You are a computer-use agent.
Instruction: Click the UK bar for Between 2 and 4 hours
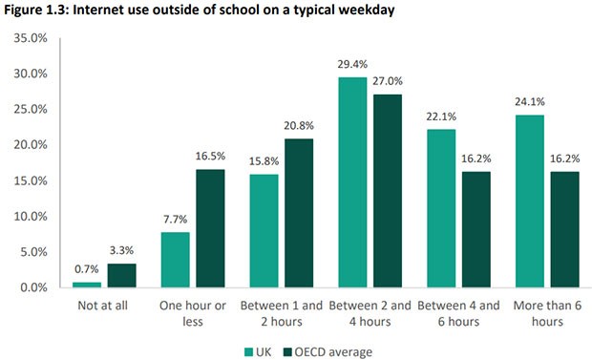[353, 181]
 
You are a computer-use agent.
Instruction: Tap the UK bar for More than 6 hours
[529, 201]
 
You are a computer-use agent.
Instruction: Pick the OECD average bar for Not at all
[120, 275]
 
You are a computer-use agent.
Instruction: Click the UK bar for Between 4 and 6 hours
[441, 208]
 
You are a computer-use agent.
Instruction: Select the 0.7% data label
[87, 270]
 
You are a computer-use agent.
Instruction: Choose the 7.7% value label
[175, 220]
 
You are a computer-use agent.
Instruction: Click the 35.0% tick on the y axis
[32, 38]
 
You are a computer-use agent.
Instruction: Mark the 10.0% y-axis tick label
[32, 216]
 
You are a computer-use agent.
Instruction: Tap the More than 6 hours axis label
[544, 313]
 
